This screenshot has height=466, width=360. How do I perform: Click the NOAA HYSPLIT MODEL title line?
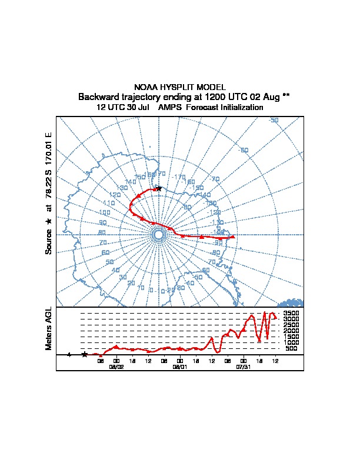(180, 87)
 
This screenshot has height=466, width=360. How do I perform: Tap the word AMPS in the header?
(154, 108)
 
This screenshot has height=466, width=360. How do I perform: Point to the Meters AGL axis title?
(49, 328)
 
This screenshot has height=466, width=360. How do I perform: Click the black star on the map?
(159, 188)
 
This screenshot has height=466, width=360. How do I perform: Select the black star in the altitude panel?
(85, 354)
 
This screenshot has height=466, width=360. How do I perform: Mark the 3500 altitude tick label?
(291, 313)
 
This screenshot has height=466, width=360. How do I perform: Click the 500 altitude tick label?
(291, 348)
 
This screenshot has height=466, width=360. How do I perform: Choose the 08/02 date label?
(116, 366)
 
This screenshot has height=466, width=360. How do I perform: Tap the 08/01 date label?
(179, 366)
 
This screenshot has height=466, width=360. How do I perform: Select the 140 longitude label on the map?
(130, 182)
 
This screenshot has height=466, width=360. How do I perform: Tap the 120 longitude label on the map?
(115, 195)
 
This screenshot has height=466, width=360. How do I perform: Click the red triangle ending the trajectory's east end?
(233, 237)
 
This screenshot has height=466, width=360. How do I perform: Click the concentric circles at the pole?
(158, 235)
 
